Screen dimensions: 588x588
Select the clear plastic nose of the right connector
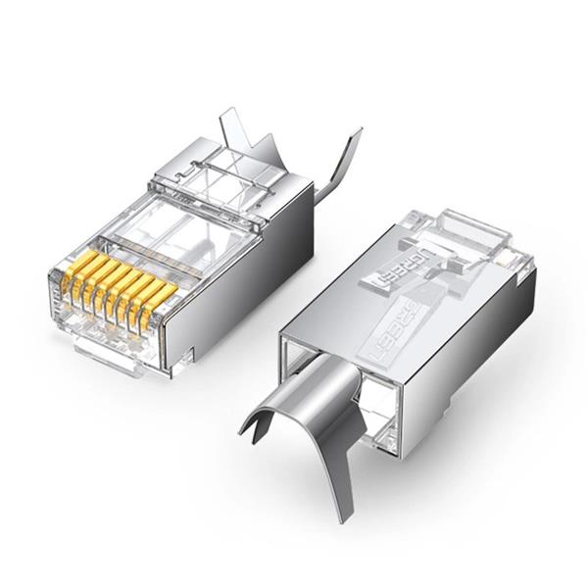click(x=470, y=235)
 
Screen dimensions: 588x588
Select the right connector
click(x=412, y=333)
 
